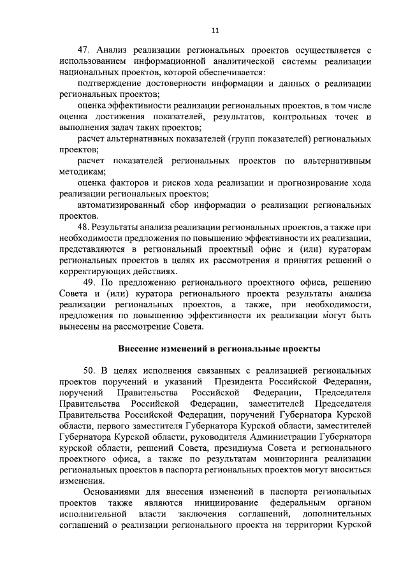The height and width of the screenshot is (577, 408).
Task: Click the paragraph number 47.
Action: click(83, 50)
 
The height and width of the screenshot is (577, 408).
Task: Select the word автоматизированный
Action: click(119, 205)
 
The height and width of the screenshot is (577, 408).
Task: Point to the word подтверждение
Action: click(107, 84)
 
